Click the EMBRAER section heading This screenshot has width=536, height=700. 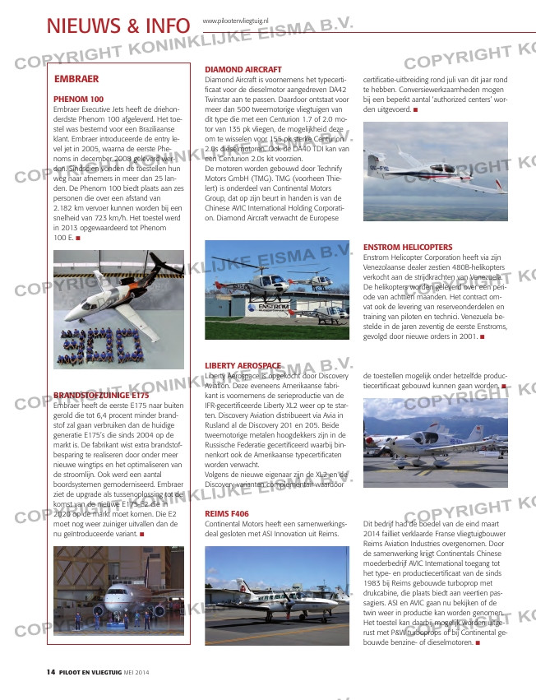[x=76, y=79]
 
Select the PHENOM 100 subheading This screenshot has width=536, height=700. [x=78, y=99]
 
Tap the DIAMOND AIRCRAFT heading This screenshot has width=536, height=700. [x=243, y=69]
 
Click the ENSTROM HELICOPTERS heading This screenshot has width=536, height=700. [x=407, y=247]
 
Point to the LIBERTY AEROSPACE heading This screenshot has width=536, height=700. [x=243, y=364]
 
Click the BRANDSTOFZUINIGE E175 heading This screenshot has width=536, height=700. [x=101, y=396]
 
